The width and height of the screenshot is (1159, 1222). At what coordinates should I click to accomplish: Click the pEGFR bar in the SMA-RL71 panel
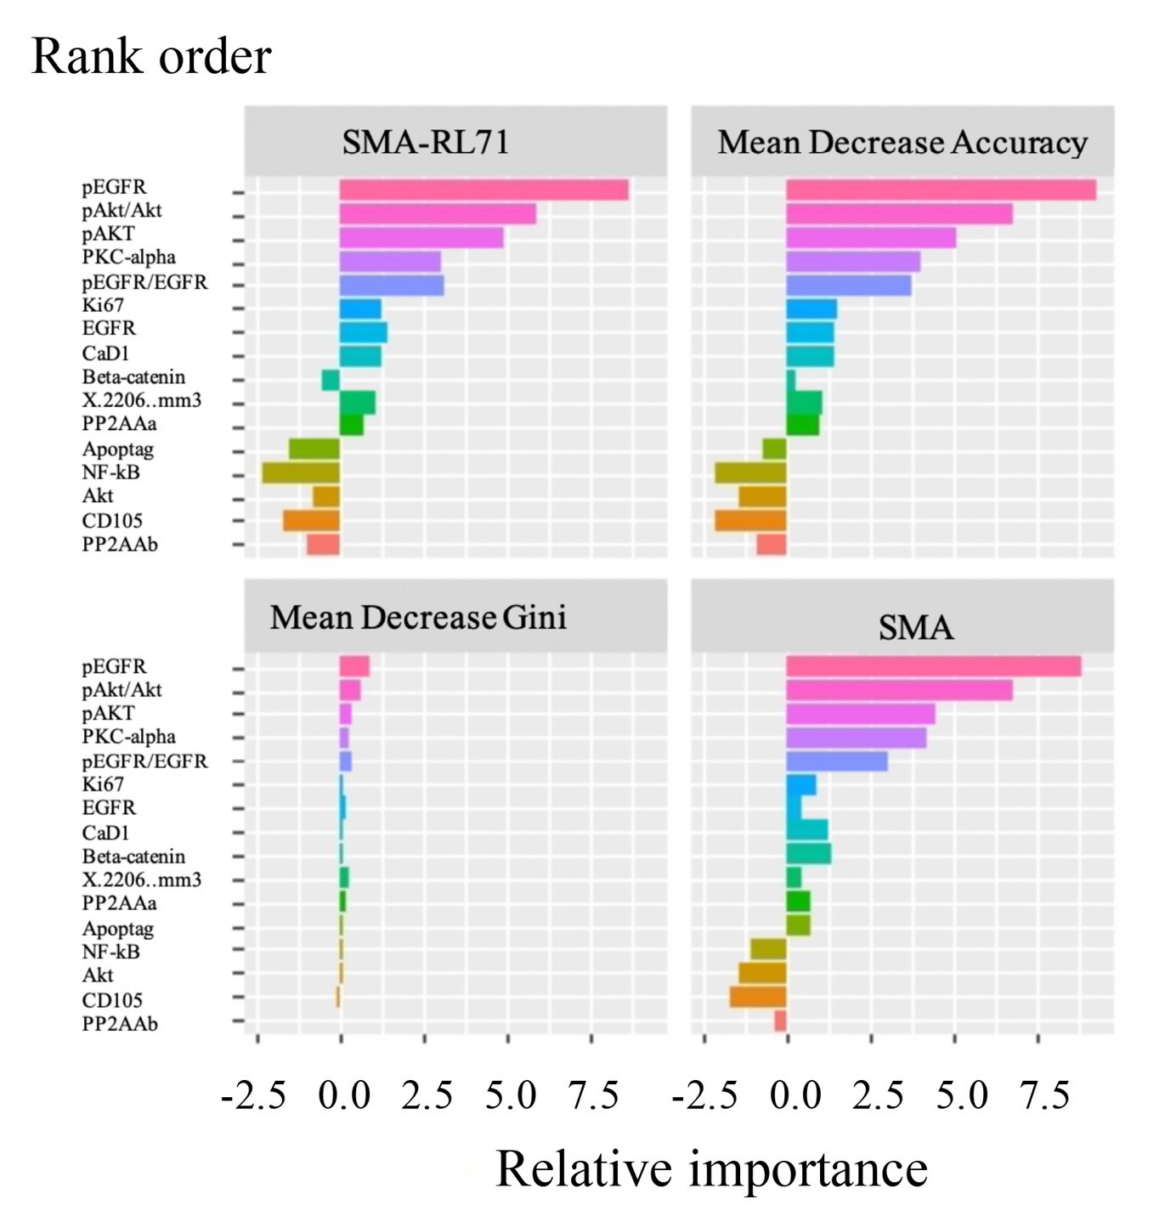pos(483,190)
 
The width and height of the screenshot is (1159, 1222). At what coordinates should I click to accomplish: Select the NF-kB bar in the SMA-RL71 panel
pos(301,472)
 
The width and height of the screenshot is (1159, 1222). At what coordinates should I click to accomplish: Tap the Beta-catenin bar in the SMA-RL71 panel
pos(331,380)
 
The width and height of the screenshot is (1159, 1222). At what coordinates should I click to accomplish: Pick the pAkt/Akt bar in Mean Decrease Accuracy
pos(899,213)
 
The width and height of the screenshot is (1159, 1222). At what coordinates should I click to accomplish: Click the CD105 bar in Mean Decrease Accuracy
pos(750,520)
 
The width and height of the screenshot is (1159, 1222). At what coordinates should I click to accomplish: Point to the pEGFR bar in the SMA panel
pos(933,666)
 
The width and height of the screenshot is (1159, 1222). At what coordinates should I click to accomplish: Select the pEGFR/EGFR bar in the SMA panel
pos(837,761)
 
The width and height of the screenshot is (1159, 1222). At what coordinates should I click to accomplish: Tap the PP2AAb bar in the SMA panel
pos(780,1021)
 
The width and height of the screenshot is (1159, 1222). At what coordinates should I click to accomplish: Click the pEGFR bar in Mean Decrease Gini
pos(354,666)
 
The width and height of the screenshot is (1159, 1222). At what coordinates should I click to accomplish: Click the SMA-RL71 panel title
pos(426,142)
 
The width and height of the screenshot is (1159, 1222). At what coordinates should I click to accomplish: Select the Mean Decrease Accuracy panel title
pos(902,142)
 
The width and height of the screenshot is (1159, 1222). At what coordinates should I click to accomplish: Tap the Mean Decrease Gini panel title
pos(418,617)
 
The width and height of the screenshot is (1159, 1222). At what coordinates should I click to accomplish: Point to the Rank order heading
pos(151,57)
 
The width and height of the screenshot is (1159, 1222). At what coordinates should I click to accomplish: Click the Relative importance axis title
pos(711,1168)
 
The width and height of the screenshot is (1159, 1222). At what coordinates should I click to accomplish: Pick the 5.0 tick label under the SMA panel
pos(962,1095)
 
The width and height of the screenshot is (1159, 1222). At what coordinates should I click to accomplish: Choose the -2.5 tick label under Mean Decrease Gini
pos(253,1095)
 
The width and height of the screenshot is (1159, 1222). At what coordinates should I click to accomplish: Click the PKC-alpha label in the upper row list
pos(128,257)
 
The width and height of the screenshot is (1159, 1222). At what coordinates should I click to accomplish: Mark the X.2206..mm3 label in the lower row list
pos(141,880)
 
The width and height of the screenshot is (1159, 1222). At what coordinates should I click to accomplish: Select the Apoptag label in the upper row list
pos(117,450)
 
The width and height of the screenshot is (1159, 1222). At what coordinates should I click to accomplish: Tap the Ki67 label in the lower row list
pos(103,784)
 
